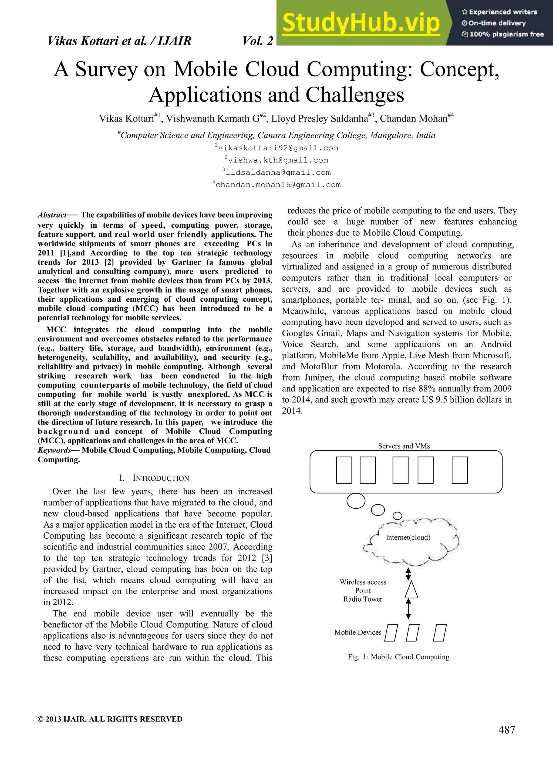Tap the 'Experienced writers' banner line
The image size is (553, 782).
(499, 12)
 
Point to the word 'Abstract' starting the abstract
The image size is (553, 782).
(52, 215)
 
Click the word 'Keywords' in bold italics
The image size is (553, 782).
(55, 450)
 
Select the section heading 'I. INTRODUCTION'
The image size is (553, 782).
(154, 478)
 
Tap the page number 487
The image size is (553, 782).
(506, 730)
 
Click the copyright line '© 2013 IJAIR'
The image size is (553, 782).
(110, 719)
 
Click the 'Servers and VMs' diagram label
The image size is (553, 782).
(404, 446)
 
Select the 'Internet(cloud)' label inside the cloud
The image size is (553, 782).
(408, 537)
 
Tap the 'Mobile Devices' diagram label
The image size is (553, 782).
(358, 632)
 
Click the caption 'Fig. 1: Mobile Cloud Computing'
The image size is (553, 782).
(398, 657)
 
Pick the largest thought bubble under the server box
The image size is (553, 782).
(356, 501)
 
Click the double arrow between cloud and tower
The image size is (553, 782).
(408, 574)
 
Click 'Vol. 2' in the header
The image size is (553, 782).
(258, 41)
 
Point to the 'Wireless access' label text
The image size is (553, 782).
(363, 582)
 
